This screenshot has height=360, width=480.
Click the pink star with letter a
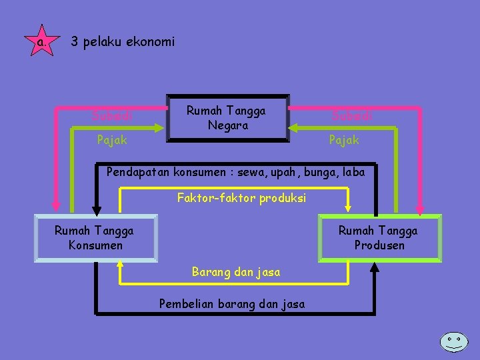41,42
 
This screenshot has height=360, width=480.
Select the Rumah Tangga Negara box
226,118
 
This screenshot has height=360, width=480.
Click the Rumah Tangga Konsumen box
95,238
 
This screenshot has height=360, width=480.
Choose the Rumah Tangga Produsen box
379,238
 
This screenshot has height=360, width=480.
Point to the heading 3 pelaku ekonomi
123,42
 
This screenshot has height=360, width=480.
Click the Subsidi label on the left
111,117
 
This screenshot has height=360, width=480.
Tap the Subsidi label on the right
352,117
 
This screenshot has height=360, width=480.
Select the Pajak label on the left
111,140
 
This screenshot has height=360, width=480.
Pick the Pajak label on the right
344,140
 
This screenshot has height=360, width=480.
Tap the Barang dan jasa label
236,272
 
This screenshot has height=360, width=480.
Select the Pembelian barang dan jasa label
232,304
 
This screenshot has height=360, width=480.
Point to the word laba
353,172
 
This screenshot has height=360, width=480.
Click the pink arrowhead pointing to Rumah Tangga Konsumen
57,207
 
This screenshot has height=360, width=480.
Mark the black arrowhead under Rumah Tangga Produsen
375,267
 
